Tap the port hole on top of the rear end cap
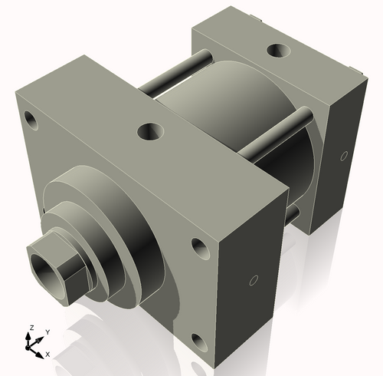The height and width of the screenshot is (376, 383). click(x=276, y=52)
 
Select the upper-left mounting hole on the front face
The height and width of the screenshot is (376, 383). click(x=31, y=120)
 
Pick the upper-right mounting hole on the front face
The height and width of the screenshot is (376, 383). click(x=199, y=248)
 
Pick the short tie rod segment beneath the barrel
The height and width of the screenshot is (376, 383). click(x=292, y=215)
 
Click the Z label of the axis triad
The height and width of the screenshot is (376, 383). click(x=31, y=328)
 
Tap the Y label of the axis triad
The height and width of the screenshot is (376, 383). click(x=47, y=331)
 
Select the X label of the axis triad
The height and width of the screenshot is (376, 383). click(x=48, y=354)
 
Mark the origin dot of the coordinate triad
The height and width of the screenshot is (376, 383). click(x=33, y=347)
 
